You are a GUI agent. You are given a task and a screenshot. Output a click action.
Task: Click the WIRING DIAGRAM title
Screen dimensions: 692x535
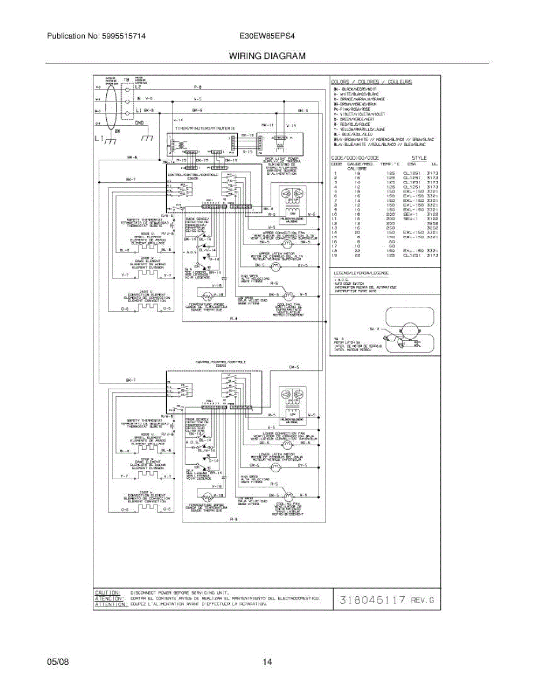[267, 56]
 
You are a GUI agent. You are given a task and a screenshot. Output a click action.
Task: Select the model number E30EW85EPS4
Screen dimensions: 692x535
[267, 36]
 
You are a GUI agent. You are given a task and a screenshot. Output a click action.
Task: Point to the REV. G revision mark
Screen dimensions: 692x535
[423, 600]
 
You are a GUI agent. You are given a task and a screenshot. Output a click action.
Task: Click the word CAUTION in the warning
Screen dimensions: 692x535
[108, 592]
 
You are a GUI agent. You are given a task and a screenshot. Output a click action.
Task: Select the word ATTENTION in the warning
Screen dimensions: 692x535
[110, 604]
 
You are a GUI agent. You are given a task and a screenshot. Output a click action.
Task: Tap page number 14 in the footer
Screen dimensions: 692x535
[267, 662]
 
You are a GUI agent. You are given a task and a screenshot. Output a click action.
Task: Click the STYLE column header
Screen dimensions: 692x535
[419, 157]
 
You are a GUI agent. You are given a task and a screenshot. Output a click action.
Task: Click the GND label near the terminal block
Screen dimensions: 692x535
[139, 122]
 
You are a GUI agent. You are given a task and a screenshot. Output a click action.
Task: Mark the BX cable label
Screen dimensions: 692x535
[117, 131]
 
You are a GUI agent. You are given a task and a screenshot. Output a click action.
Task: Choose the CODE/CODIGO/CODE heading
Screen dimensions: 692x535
[355, 157]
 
